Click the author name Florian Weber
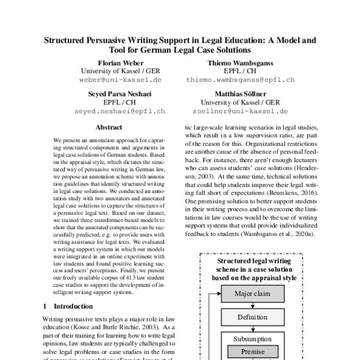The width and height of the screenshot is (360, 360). [113, 62]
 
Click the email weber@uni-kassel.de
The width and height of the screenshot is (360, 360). [113, 79]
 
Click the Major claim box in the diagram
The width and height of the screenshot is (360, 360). [253, 295]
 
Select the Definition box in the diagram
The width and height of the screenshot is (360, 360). [253, 316]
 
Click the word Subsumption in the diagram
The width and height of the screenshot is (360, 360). [253, 338]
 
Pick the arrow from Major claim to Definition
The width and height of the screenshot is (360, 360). [253, 305]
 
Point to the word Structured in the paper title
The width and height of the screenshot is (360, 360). [71, 40]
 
